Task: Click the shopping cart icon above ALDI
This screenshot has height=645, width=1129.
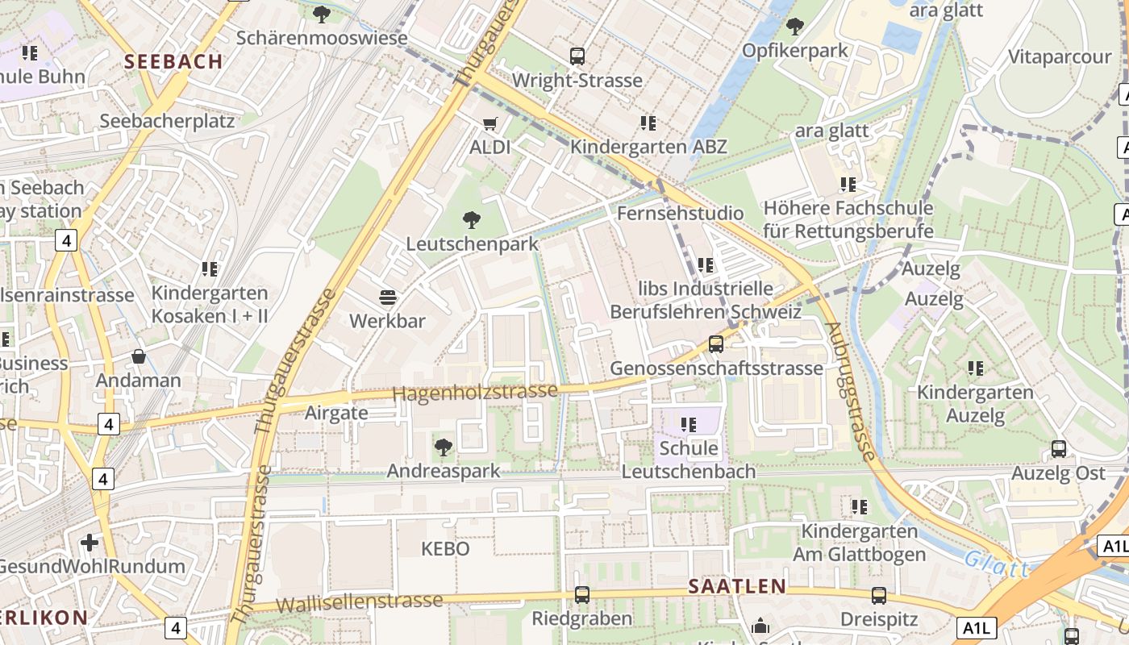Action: pyautogui.click(x=490, y=123)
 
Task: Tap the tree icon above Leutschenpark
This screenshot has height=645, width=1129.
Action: pyautogui.click(x=472, y=219)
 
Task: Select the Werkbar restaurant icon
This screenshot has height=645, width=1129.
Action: pyautogui.click(x=387, y=298)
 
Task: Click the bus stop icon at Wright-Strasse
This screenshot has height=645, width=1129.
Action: pyautogui.click(x=577, y=56)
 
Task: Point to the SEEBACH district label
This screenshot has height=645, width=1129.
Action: pyautogui.click(x=174, y=61)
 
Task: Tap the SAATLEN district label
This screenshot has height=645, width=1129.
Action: pyautogui.click(x=737, y=586)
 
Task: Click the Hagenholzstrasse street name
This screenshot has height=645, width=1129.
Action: pyautogui.click(x=476, y=392)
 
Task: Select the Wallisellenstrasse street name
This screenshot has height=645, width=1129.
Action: pyautogui.click(x=360, y=601)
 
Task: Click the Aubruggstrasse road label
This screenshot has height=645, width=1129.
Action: pyautogui.click(x=850, y=392)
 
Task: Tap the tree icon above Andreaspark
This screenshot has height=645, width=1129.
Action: pyautogui.click(x=443, y=447)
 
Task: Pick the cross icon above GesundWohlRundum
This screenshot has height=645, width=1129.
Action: pyautogui.click(x=90, y=543)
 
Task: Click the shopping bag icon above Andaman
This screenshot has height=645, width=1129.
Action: pyautogui.click(x=139, y=356)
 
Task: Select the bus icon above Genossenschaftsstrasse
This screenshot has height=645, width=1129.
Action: pyautogui.click(x=715, y=344)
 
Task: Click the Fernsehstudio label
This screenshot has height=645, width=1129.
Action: pyautogui.click(x=680, y=214)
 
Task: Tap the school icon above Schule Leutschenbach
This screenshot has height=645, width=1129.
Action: pyautogui.click(x=688, y=424)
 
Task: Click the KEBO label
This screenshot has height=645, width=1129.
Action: pyautogui.click(x=445, y=549)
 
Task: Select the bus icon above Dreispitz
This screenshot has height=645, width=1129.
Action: pyautogui.click(x=879, y=596)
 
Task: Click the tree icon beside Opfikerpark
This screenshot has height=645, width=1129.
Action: pyautogui.click(x=795, y=27)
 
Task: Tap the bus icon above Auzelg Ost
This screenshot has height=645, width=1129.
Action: pyautogui.click(x=1059, y=449)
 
